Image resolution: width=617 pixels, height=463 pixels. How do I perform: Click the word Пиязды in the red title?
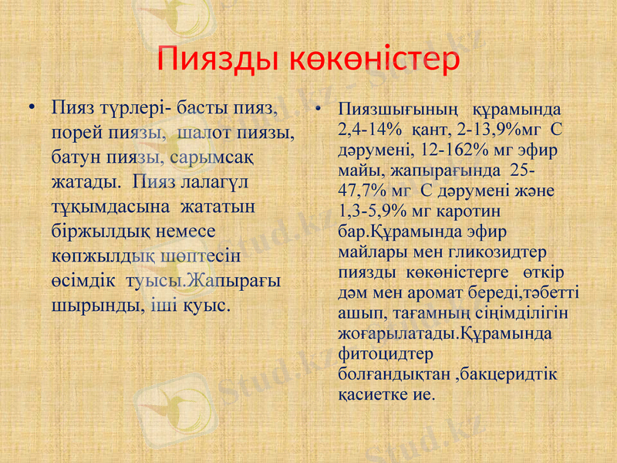[x=217, y=58]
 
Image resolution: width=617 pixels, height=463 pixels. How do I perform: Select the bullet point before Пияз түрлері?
[x=31, y=106]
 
